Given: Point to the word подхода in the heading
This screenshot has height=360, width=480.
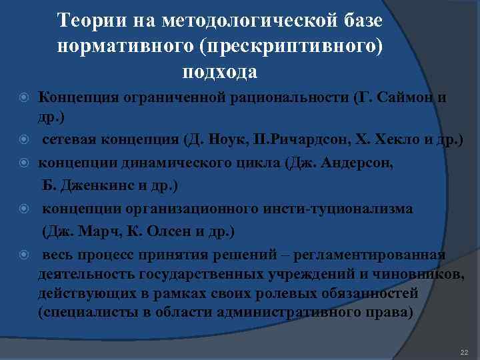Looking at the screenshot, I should pyautogui.click(x=219, y=70).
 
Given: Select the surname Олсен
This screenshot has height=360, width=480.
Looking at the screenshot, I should pyautogui.click(x=163, y=231).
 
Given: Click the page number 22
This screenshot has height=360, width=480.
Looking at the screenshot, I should pyautogui.click(x=464, y=351).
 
